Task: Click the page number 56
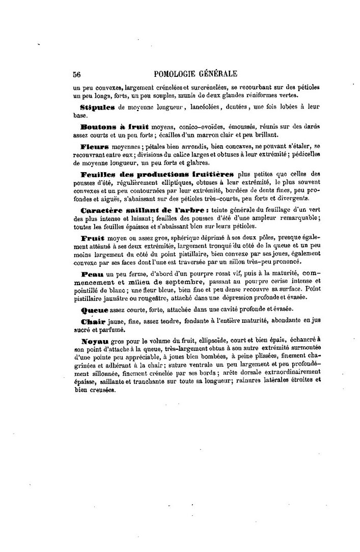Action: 77,74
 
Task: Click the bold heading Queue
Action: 94,309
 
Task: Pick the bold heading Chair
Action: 93,321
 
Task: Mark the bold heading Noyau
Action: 94,339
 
